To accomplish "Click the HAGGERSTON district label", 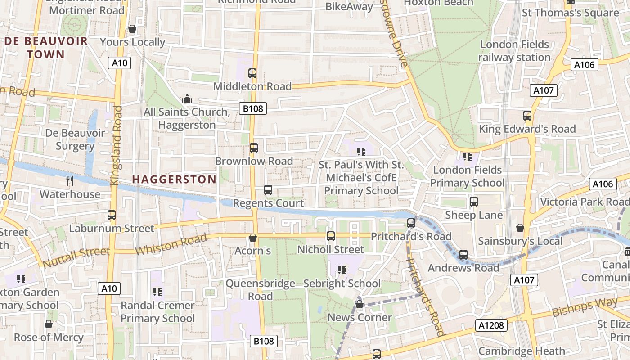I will click(x=174, y=180).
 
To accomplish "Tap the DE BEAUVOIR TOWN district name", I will click(x=46, y=48).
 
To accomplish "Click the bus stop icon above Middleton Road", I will click(x=252, y=73).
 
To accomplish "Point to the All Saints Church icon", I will click(x=187, y=99).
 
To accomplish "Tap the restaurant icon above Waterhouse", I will click(x=70, y=181).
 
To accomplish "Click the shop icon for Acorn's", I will click(x=253, y=237).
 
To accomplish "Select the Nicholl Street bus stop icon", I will click(x=331, y=236).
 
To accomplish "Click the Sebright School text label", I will click(x=342, y=283).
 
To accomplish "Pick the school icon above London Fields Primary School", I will click(x=467, y=157).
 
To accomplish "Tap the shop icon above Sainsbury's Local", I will click(x=520, y=228).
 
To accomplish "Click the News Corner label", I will click(x=360, y=317).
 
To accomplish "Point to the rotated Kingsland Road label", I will click(x=116, y=145).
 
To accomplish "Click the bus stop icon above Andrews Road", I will click(x=463, y=255).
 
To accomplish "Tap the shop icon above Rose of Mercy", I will click(x=49, y=324).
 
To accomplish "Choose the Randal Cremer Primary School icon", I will click(x=157, y=292).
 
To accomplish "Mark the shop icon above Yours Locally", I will click(x=132, y=29).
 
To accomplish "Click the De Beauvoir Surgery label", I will click(x=75, y=139).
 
